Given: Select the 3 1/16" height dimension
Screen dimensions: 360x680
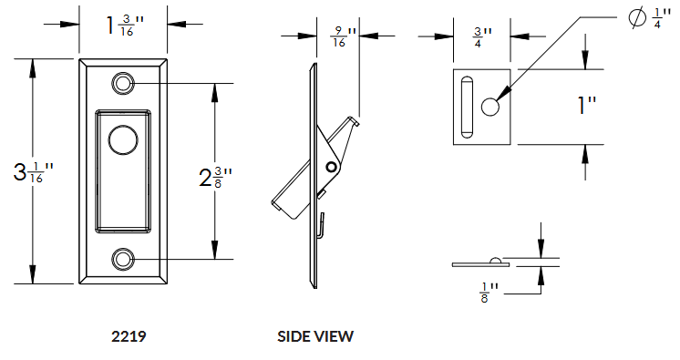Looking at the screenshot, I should (33, 172).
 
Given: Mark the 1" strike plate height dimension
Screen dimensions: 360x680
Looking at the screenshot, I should (586, 106).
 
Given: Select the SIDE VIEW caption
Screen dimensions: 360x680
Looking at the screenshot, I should (314, 336).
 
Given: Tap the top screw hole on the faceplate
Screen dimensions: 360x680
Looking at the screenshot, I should (122, 84).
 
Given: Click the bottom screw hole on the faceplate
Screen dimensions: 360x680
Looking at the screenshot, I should (122, 261).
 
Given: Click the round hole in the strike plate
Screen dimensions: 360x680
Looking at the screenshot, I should (489, 107).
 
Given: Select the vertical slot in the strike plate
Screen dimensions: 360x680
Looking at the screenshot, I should (466, 107).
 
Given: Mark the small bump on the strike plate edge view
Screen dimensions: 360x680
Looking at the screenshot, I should (494, 261).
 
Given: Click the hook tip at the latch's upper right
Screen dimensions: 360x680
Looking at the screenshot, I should (358, 121).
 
